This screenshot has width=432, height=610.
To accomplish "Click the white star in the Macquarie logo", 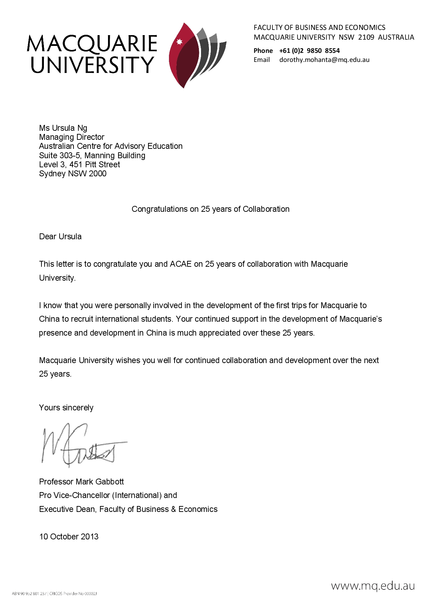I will click(x=180, y=42).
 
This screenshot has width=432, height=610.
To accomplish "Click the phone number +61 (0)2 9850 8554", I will click(x=309, y=51).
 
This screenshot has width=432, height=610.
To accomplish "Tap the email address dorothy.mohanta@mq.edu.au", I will click(x=324, y=60).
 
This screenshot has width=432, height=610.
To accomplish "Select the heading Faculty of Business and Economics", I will click(x=319, y=27).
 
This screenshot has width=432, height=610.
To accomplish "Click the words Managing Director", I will click(x=72, y=137).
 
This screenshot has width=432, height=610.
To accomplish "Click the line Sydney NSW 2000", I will click(x=73, y=174).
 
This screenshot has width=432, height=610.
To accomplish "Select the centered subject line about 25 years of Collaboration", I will click(x=210, y=209).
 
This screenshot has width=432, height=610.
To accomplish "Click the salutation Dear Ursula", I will click(x=60, y=236).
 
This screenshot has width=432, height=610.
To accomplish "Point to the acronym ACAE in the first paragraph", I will click(x=180, y=264).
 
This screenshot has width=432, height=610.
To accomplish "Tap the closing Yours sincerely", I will click(x=66, y=408).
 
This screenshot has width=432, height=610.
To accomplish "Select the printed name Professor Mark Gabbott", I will click(x=82, y=482).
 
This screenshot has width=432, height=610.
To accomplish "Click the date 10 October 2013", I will click(x=69, y=537).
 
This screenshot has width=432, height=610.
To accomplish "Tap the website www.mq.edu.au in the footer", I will click(x=373, y=586).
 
